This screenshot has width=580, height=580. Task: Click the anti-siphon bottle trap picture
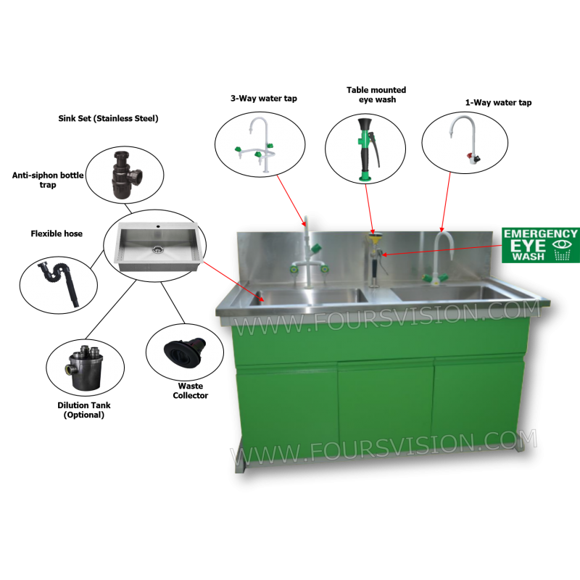point(125,175)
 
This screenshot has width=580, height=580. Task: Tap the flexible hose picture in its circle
point(59,282)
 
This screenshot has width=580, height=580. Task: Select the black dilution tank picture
point(85,368)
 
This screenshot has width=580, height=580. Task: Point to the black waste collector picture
point(185,352)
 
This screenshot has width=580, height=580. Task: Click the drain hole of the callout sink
point(158,249)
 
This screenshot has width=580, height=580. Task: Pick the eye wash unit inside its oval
point(368,149)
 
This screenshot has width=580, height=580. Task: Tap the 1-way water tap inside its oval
point(465,139)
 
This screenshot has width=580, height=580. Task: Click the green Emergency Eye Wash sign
point(540,245)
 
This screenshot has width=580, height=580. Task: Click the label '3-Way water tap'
point(264,99)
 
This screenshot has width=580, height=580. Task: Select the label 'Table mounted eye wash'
point(376,95)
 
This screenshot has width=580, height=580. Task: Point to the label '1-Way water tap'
point(498,102)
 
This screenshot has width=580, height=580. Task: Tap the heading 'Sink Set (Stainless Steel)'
point(108,118)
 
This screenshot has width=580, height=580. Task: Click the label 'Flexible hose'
point(57,233)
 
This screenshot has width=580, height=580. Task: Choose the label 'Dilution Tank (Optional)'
point(84,410)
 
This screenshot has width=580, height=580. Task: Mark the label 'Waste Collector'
point(191,391)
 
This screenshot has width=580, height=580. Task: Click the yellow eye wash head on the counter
point(373,236)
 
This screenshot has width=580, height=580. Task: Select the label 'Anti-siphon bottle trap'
point(48,180)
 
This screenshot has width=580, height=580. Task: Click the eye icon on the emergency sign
point(562,244)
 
